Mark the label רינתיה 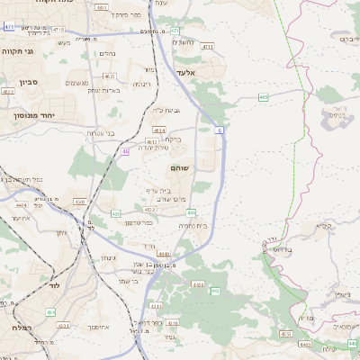pos(141,84)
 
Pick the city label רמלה pos(21,329)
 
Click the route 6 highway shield pos(219,130)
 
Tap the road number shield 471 pos(9,28)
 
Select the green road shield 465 pos(263,95)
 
